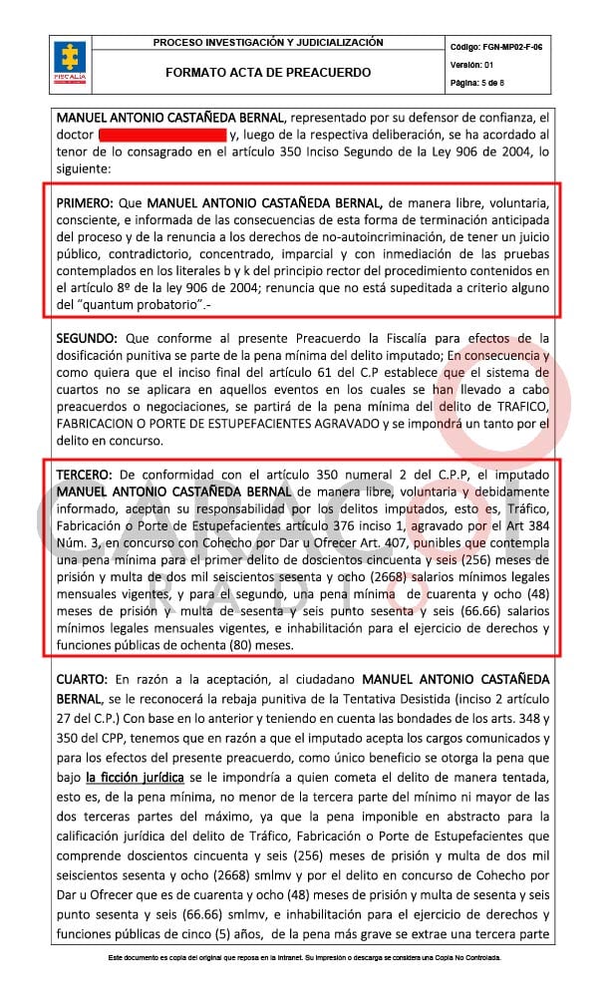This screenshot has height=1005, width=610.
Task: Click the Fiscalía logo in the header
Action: coord(72,61)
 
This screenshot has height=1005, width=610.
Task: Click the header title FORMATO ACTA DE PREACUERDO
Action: coord(268,73)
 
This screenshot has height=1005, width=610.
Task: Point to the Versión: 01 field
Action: coord(472,65)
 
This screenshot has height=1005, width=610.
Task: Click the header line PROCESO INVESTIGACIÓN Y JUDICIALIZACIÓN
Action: coord(268,43)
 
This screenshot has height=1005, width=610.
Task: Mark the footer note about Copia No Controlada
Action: coord(305,957)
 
